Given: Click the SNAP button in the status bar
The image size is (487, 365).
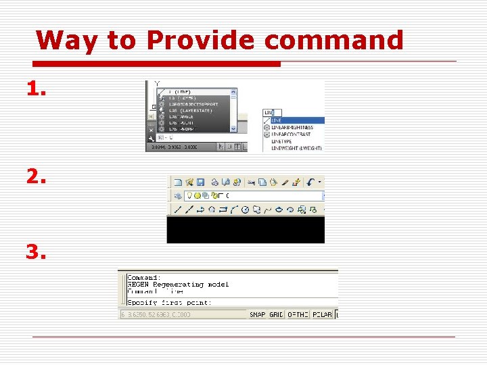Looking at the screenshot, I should [258, 314].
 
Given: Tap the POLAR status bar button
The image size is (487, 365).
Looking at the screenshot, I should [321, 314].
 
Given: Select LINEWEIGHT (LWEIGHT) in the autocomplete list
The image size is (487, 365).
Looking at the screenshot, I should [296, 148].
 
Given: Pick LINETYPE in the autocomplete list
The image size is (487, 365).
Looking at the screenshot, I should [285, 141].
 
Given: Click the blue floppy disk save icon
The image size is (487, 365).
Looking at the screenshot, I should [202, 182].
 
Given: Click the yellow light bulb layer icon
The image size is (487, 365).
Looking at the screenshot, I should [179, 195].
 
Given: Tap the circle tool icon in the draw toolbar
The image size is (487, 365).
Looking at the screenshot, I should [246, 210].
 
